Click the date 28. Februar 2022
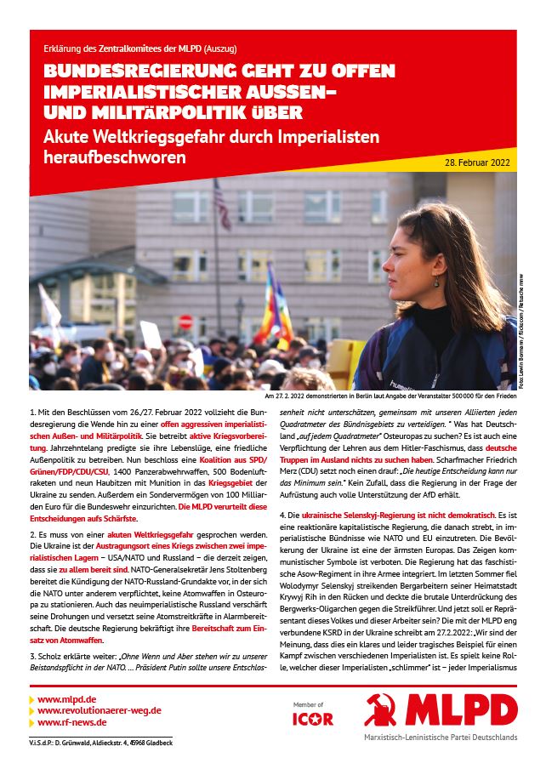coord(478,161)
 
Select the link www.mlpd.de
coord(67,698)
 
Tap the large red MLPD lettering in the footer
coord(459,710)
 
